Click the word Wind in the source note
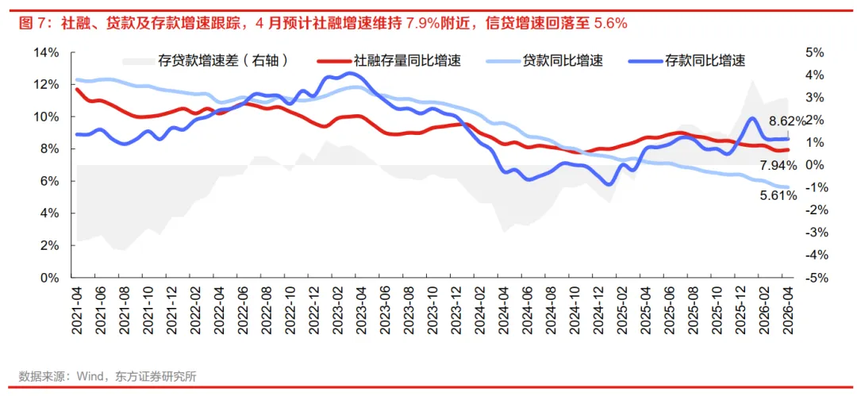coord(90,377)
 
